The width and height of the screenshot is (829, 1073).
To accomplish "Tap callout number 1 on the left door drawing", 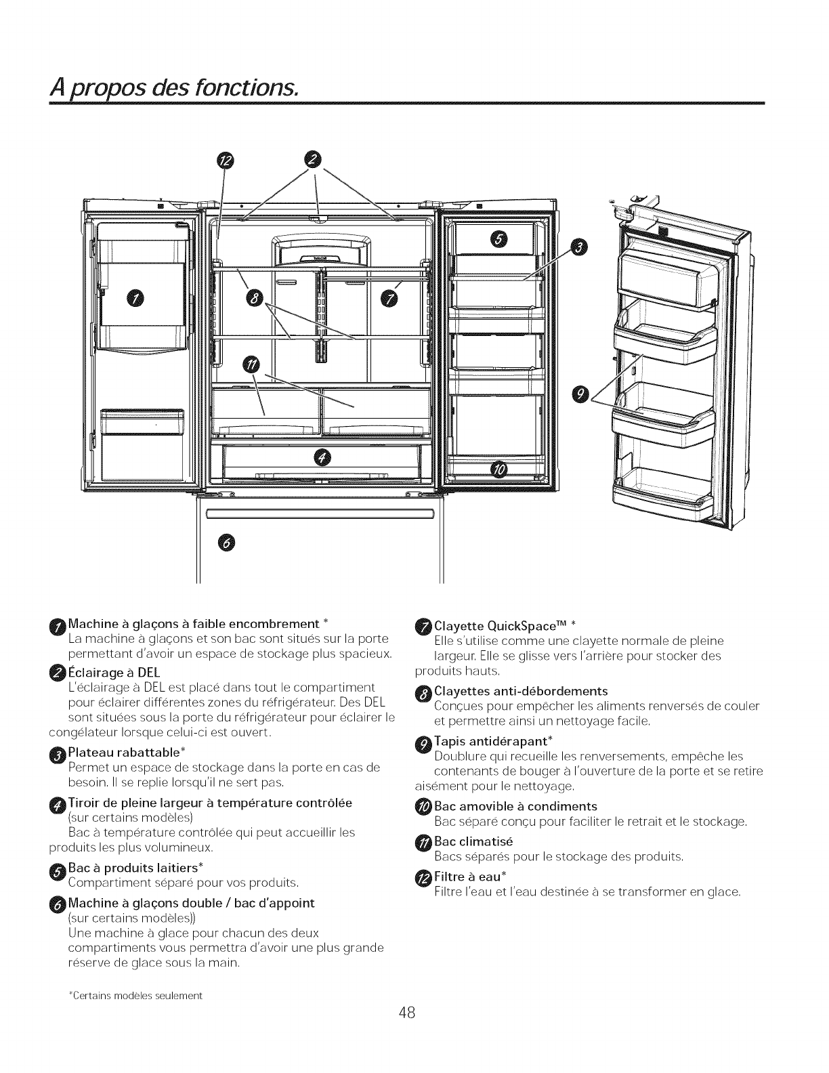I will pos(137,297).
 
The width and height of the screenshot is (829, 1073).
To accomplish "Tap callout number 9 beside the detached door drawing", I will pos(581,393).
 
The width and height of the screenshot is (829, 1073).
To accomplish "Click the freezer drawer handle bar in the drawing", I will pos(320,513).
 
